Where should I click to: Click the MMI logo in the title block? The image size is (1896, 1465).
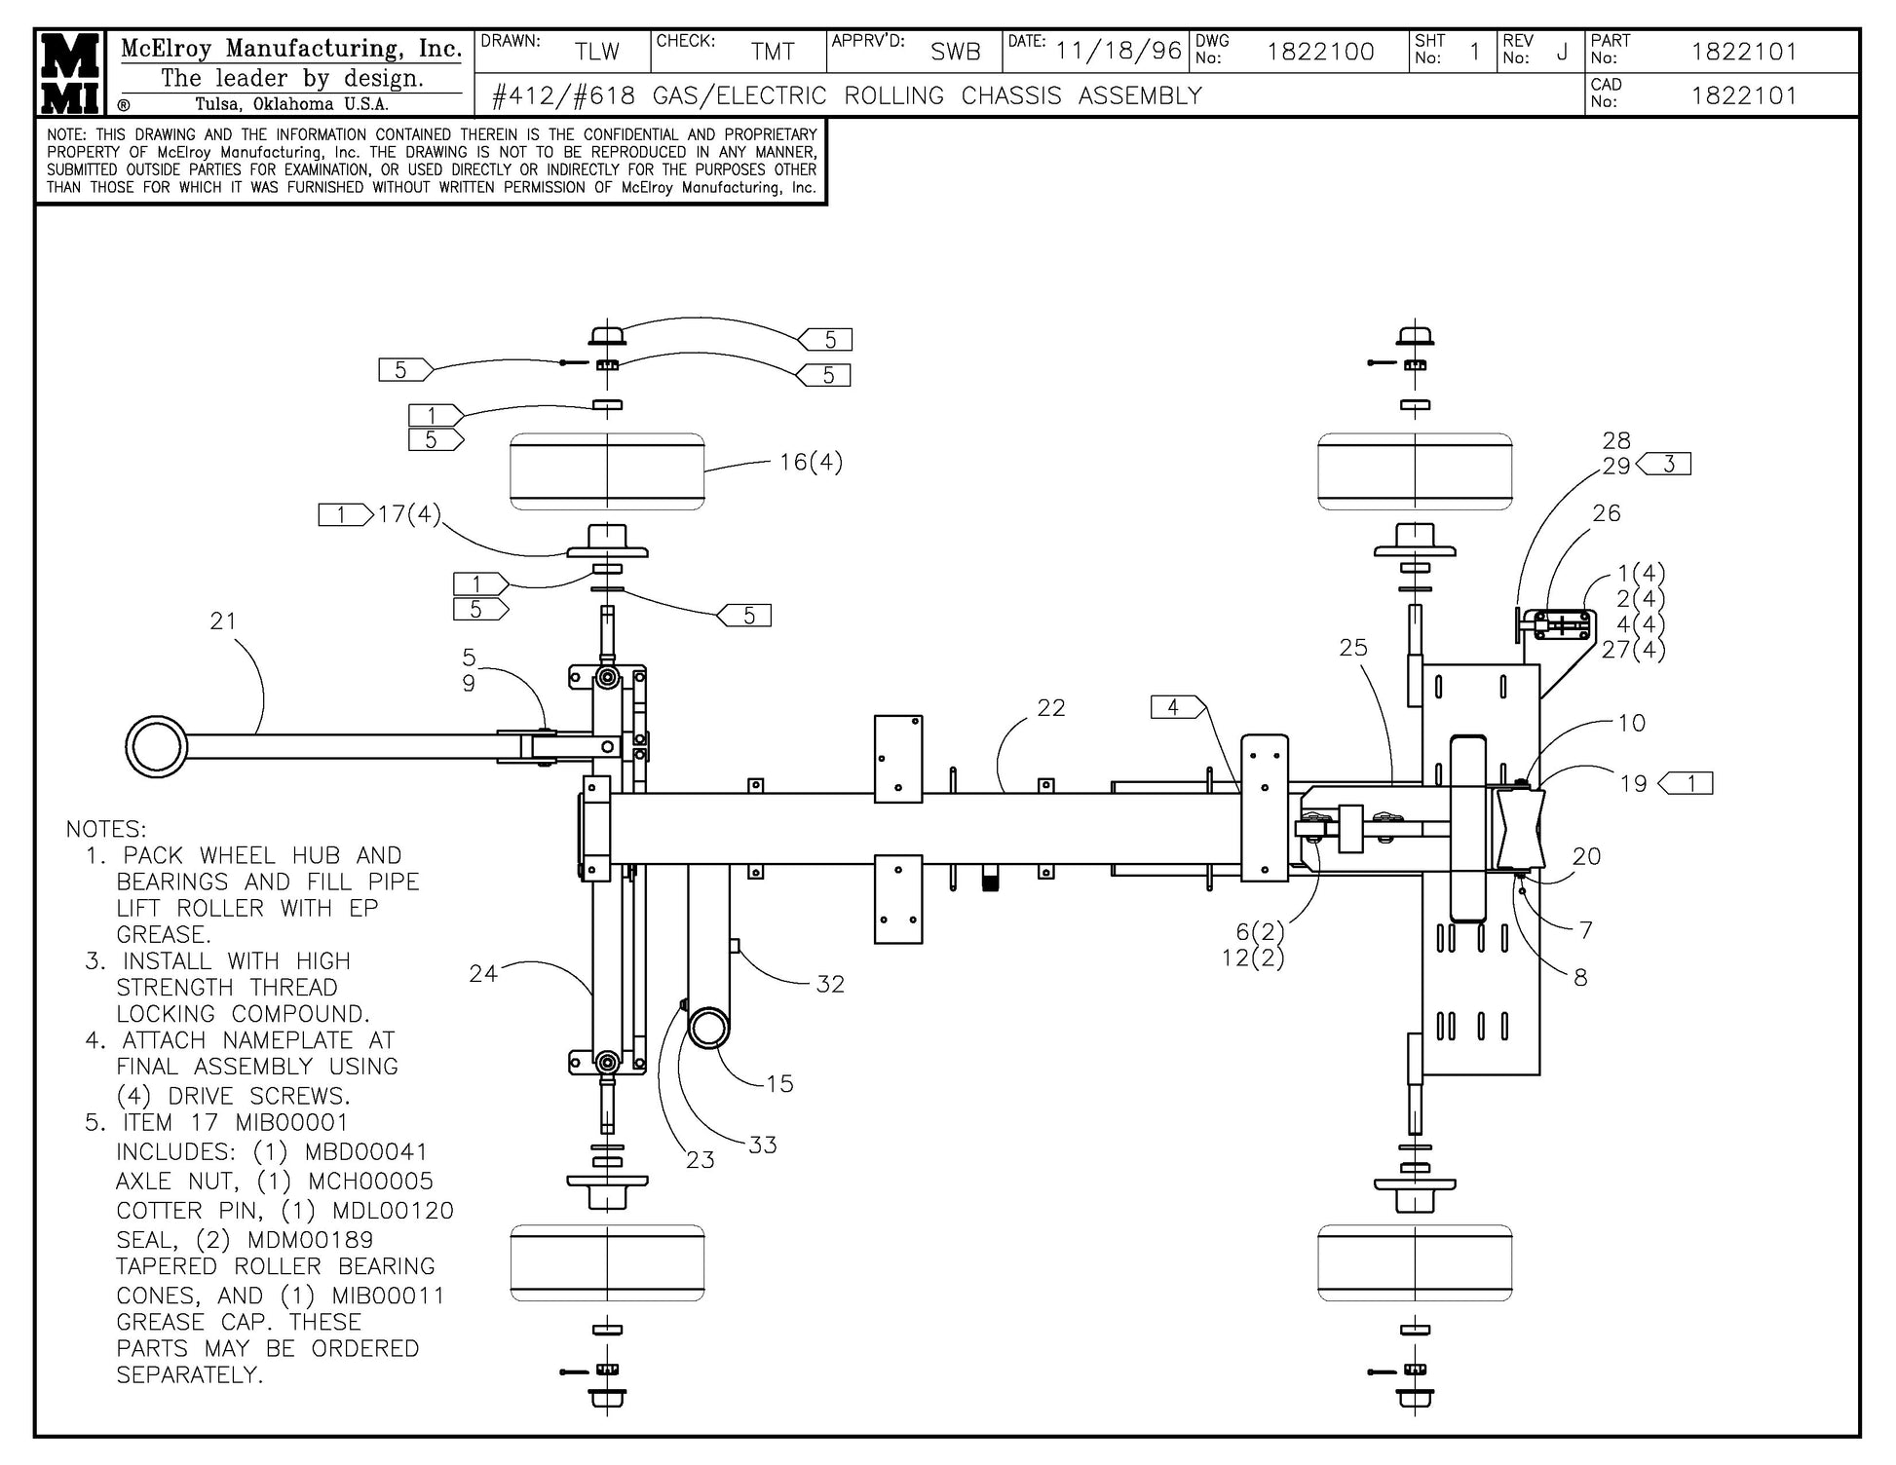(x=71, y=73)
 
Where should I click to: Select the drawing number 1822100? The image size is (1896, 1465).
(x=1320, y=52)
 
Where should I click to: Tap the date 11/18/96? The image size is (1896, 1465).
(x=1119, y=51)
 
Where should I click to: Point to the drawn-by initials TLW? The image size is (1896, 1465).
(x=596, y=52)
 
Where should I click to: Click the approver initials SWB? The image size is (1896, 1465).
(x=954, y=52)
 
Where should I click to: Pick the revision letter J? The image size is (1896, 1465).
(x=1562, y=53)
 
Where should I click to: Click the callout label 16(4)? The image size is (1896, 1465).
(x=811, y=462)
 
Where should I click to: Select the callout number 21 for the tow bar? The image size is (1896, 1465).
(x=223, y=620)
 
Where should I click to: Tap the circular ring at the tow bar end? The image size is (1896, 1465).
(x=156, y=747)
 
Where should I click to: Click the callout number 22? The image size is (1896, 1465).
(x=1050, y=708)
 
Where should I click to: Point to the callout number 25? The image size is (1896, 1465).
(x=1352, y=648)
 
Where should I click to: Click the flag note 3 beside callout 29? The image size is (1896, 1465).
(x=1667, y=465)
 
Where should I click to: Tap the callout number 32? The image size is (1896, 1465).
(x=830, y=984)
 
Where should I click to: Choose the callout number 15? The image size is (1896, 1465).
(x=779, y=1083)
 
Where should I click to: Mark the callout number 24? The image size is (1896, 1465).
(x=483, y=973)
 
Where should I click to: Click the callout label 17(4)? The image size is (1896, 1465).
(x=409, y=513)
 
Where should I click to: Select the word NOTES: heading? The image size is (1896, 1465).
(x=106, y=829)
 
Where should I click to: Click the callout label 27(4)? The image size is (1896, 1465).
(x=1633, y=650)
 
